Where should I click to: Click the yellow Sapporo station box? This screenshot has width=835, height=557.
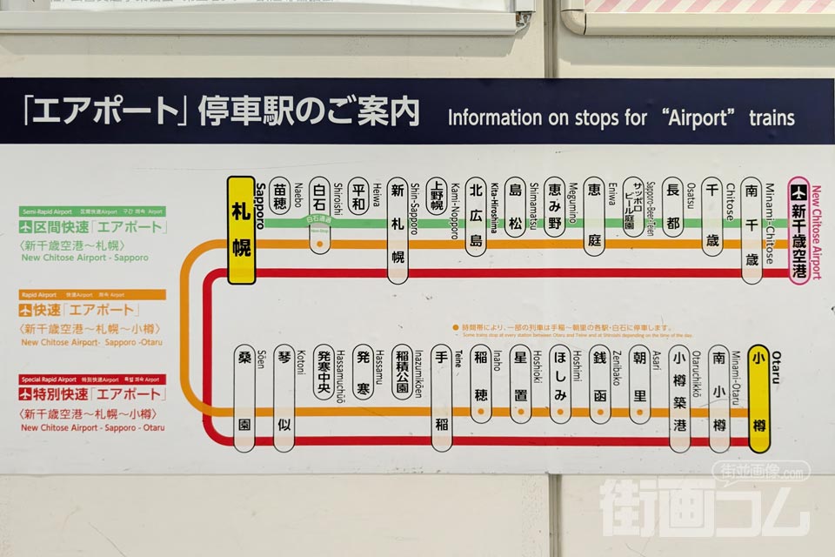[x=241, y=231]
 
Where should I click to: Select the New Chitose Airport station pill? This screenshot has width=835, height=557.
[x=799, y=231]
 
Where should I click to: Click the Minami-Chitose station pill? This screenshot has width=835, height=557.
[x=752, y=231]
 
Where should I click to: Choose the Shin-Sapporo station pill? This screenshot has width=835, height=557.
[x=397, y=231]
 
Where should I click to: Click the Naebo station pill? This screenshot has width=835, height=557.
[x=279, y=201]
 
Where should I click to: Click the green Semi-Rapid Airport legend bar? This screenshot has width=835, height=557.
[x=92, y=211]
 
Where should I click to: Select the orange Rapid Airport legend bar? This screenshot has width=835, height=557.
[x=92, y=295]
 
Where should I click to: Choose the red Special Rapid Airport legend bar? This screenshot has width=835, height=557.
[x=92, y=379]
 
